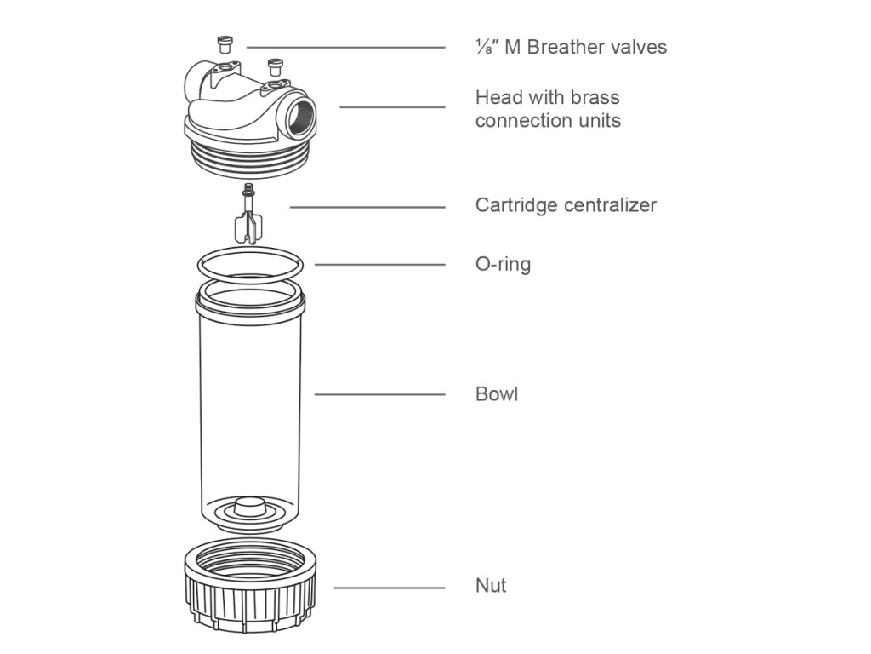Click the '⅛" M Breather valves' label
click(x=571, y=47)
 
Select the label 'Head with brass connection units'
click(x=548, y=109)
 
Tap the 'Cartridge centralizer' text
click(x=566, y=205)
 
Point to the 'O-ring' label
click(x=503, y=264)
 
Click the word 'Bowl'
click(x=497, y=394)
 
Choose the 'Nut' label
click(x=491, y=586)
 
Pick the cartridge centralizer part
click(x=248, y=218)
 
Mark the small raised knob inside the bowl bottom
click(x=248, y=505)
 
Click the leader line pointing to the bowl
click(x=379, y=394)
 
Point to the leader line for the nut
click(x=389, y=588)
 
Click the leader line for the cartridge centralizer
click(x=367, y=207)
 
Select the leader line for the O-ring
click(x=379, y=264)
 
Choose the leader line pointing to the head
click(x=391, y=107)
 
